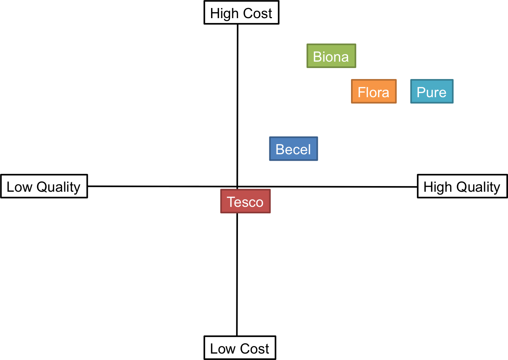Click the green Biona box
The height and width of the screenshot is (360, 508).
(x=331, y=56)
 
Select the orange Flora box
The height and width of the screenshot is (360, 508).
(x=374, y=92)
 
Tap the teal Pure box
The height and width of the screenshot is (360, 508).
(x=432, y=92)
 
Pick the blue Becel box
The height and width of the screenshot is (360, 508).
(x=293, y=149)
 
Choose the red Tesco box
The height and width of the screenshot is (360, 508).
(x=245, y=202)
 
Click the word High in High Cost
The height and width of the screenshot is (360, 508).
(x=225, y=14)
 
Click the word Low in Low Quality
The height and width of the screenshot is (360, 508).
(x=19, y=187)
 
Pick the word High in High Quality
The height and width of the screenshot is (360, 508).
(x=438, y=187)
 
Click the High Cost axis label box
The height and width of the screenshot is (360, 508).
(x=241, y=13)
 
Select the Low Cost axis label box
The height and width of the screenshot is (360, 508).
(x=239, y=348)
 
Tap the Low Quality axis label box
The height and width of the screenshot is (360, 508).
(x=44, y=186)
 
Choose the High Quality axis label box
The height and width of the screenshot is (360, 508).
(x=462, y=186)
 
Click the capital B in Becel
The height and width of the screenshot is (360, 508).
(x=280, y=149)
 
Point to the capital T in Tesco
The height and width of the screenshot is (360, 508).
(x=231, y=202)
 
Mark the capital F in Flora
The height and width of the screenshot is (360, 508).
(x=362, y=92)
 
